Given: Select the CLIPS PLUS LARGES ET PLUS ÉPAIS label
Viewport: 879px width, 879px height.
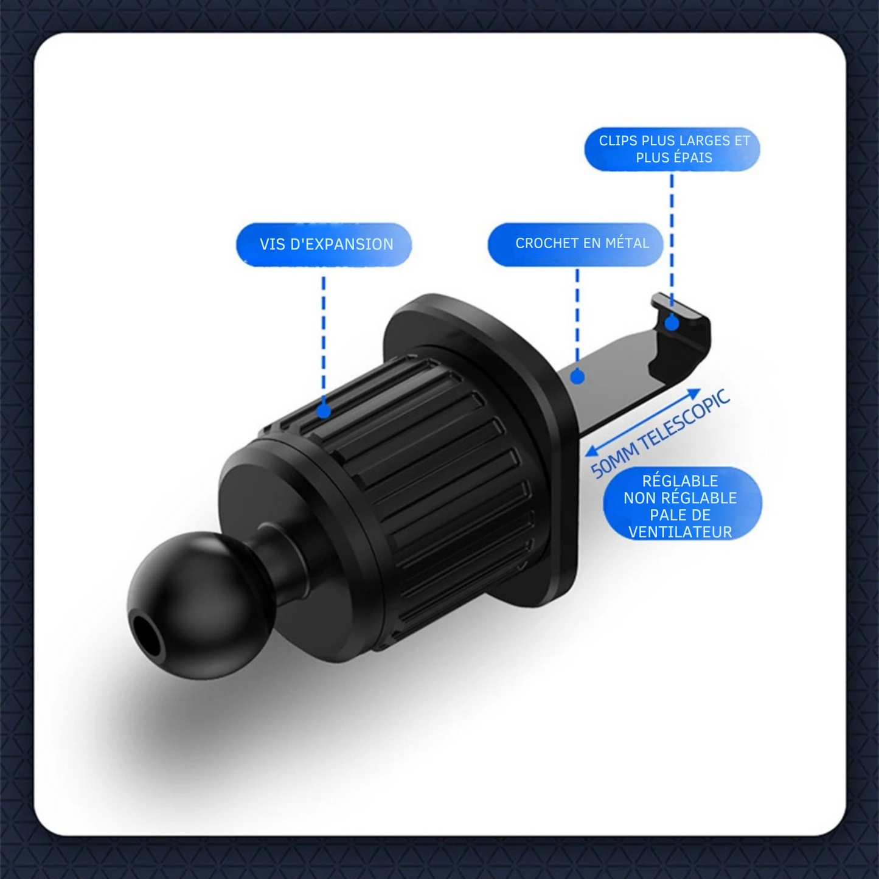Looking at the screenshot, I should point(673,149).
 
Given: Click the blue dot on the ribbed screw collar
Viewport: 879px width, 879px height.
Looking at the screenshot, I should point(324,411).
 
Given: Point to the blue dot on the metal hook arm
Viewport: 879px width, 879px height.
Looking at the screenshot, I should point(577,377).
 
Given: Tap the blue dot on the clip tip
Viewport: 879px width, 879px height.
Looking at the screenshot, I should point(672,323).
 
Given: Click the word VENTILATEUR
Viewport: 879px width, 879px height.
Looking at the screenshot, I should point(680,532).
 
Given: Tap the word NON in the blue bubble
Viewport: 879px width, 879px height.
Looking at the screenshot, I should point(639,498).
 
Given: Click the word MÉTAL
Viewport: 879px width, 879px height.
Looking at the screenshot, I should point(628,243).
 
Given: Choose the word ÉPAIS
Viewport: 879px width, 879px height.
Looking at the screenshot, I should point(692,158).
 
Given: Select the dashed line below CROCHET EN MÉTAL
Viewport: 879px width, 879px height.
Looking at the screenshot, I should point(577,316).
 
